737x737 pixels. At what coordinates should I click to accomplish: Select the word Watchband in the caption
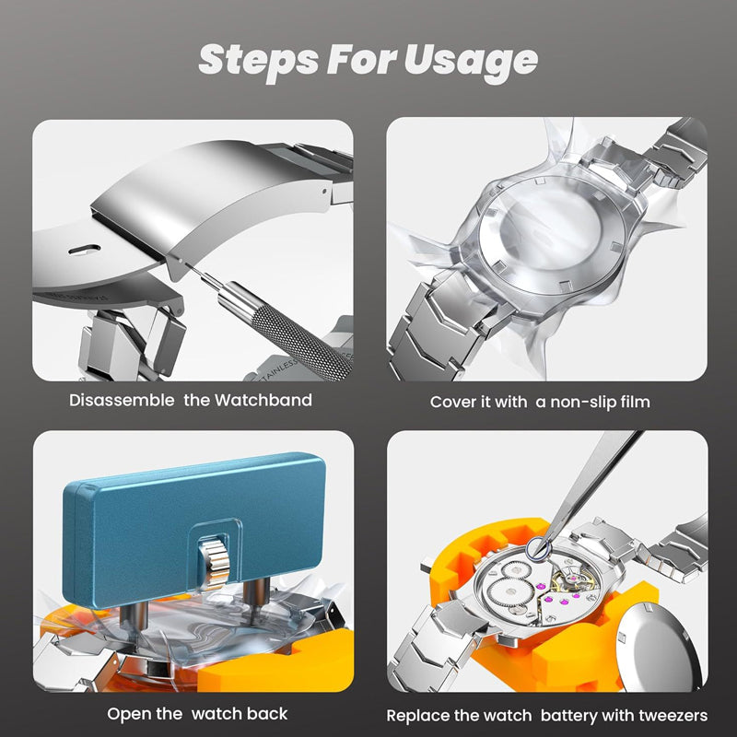[x=263, y=401]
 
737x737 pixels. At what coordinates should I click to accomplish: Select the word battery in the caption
[x=574, y=715]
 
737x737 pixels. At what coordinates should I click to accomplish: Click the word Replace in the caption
[x=418, y=715]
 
